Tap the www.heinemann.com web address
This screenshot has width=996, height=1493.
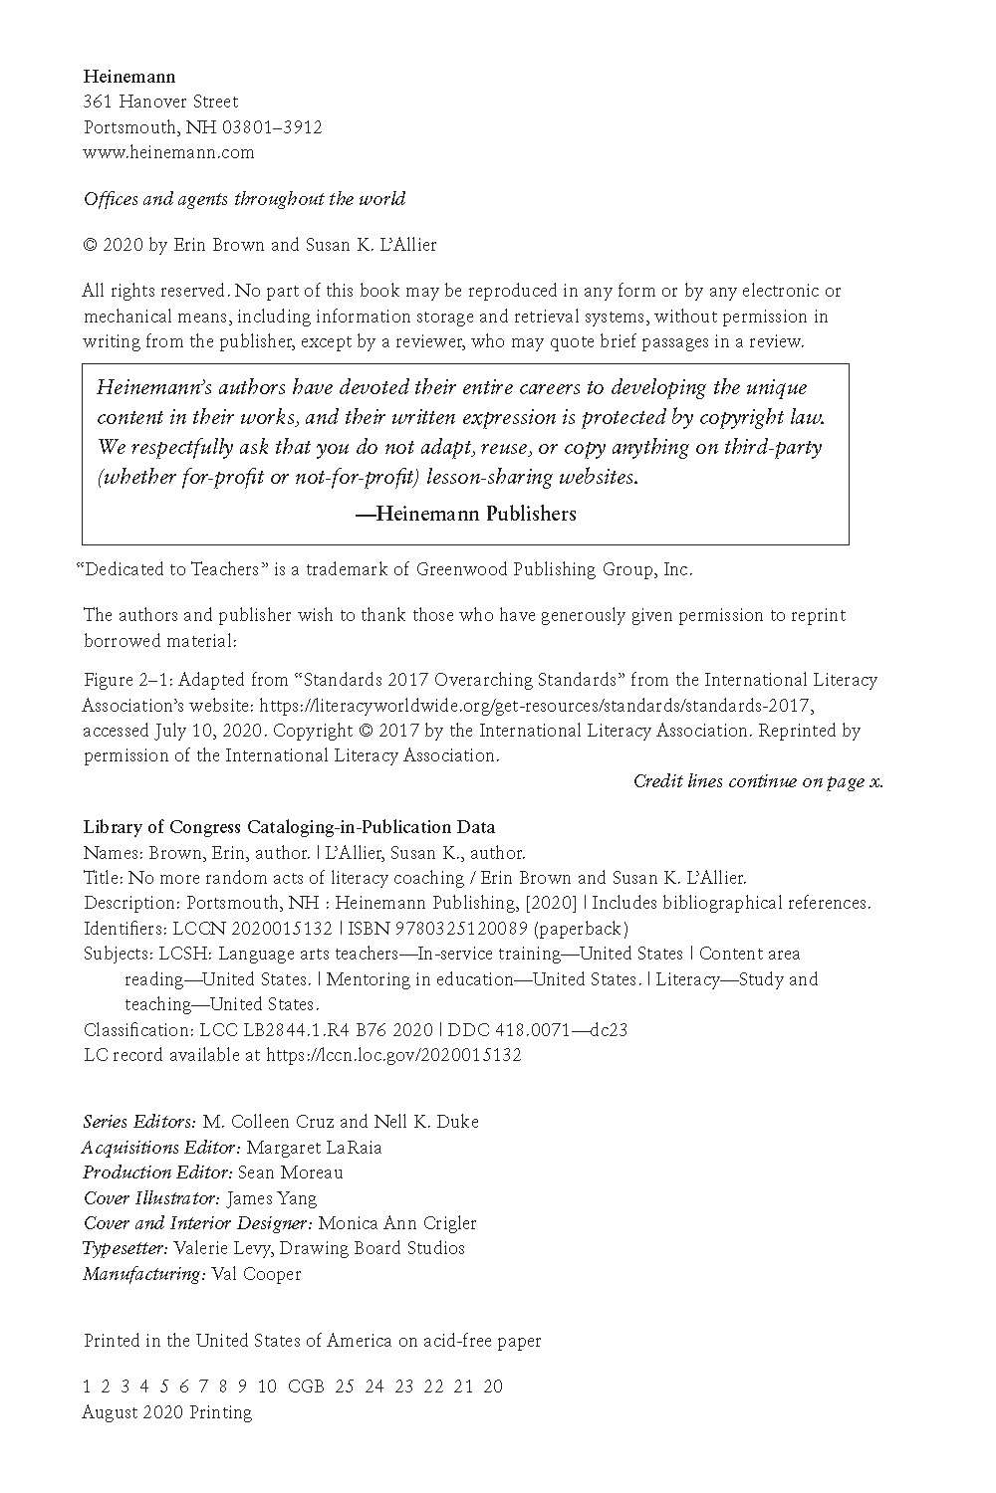pos(168,152)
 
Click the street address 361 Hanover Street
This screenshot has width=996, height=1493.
pos(160,102)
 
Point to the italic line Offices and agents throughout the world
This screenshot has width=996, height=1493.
pos(244,198)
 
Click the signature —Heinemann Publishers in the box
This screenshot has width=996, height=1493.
pos(465,514)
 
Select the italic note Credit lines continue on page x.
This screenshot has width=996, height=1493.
pos(758,781)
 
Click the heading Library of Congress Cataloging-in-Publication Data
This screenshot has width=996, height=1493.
pos(289,827)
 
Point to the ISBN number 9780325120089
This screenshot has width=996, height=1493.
pos(454,929)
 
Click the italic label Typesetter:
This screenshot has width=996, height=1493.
pos(125,1248)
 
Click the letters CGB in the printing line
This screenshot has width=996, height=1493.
pos(306,1386)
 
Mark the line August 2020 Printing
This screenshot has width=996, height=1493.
pos(166,1412)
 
